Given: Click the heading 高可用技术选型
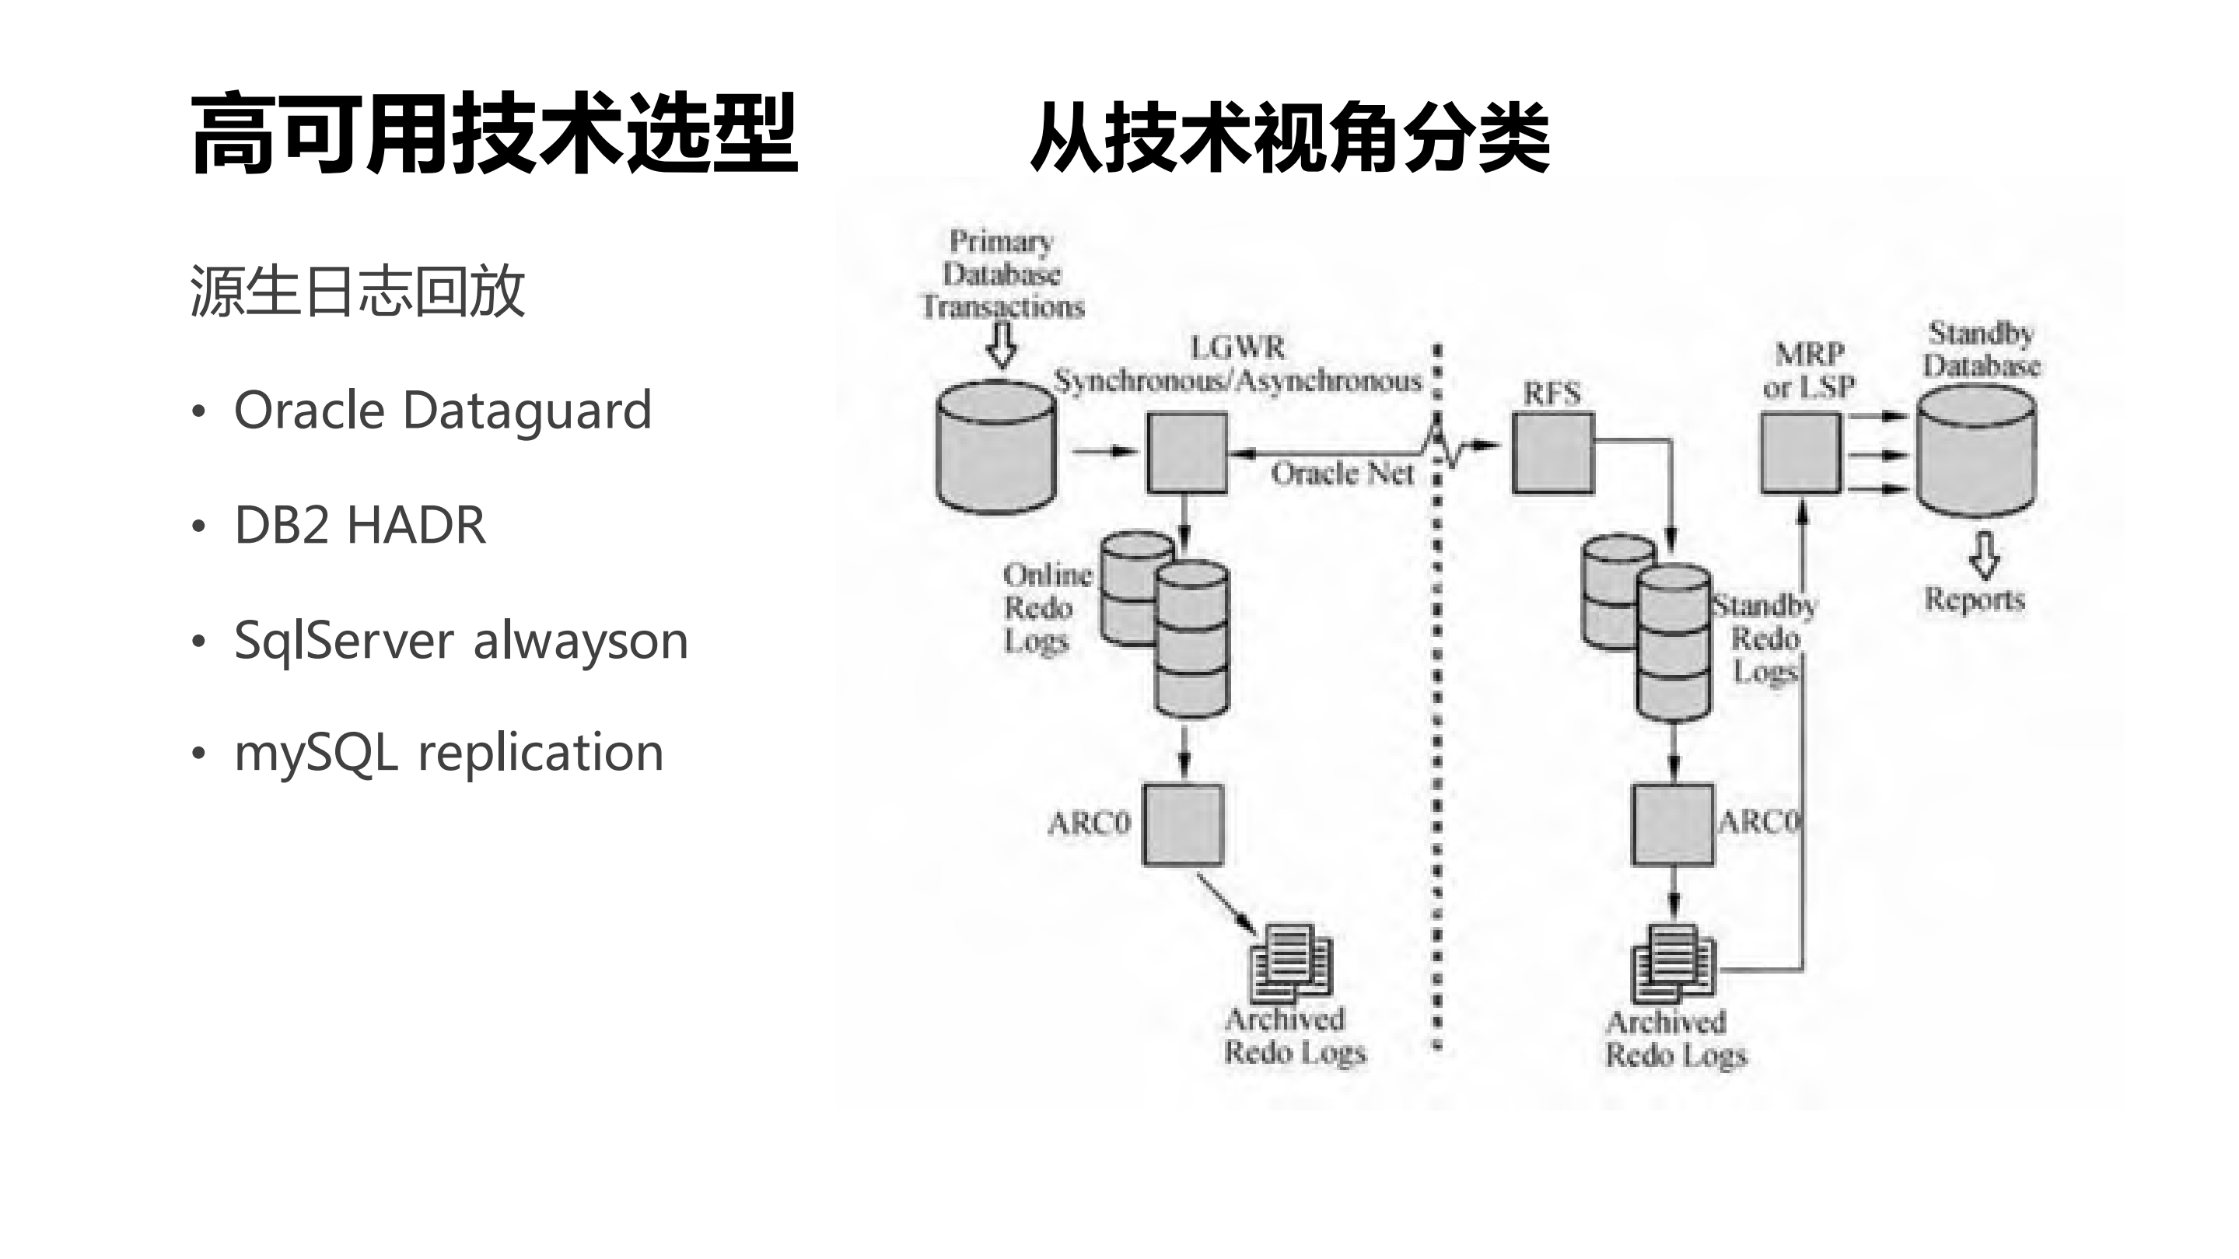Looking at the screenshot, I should point(494,135).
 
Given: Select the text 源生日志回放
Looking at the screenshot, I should point(357,291).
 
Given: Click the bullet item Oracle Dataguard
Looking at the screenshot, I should point(443,410).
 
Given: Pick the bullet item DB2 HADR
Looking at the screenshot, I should point(360,525).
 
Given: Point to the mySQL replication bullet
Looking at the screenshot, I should point(449,753).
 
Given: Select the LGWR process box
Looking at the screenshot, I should point(1187,453).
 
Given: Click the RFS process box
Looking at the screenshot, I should point(1552,453).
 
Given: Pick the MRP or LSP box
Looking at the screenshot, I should point(1800,453).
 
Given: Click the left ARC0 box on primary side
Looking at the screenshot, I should point(1183,824).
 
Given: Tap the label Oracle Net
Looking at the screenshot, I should point(1342,474).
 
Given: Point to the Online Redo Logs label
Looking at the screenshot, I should point(1044,607).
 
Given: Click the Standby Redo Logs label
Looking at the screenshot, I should point(1765,638).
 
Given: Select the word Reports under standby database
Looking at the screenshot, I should point(1974,600).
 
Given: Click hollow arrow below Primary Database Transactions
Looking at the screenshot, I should point(1002,345).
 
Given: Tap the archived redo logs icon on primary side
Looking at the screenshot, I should point(1291,963).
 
